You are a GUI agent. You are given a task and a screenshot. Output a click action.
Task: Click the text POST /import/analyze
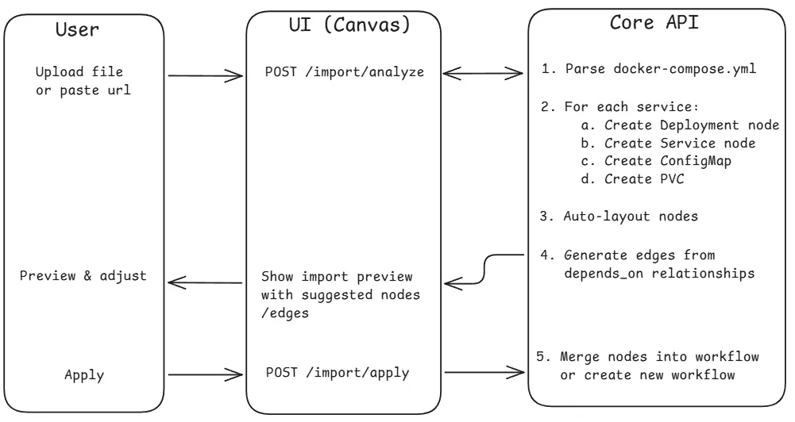tap(345, 74)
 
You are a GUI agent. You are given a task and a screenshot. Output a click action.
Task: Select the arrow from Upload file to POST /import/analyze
tap(206, 77)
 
